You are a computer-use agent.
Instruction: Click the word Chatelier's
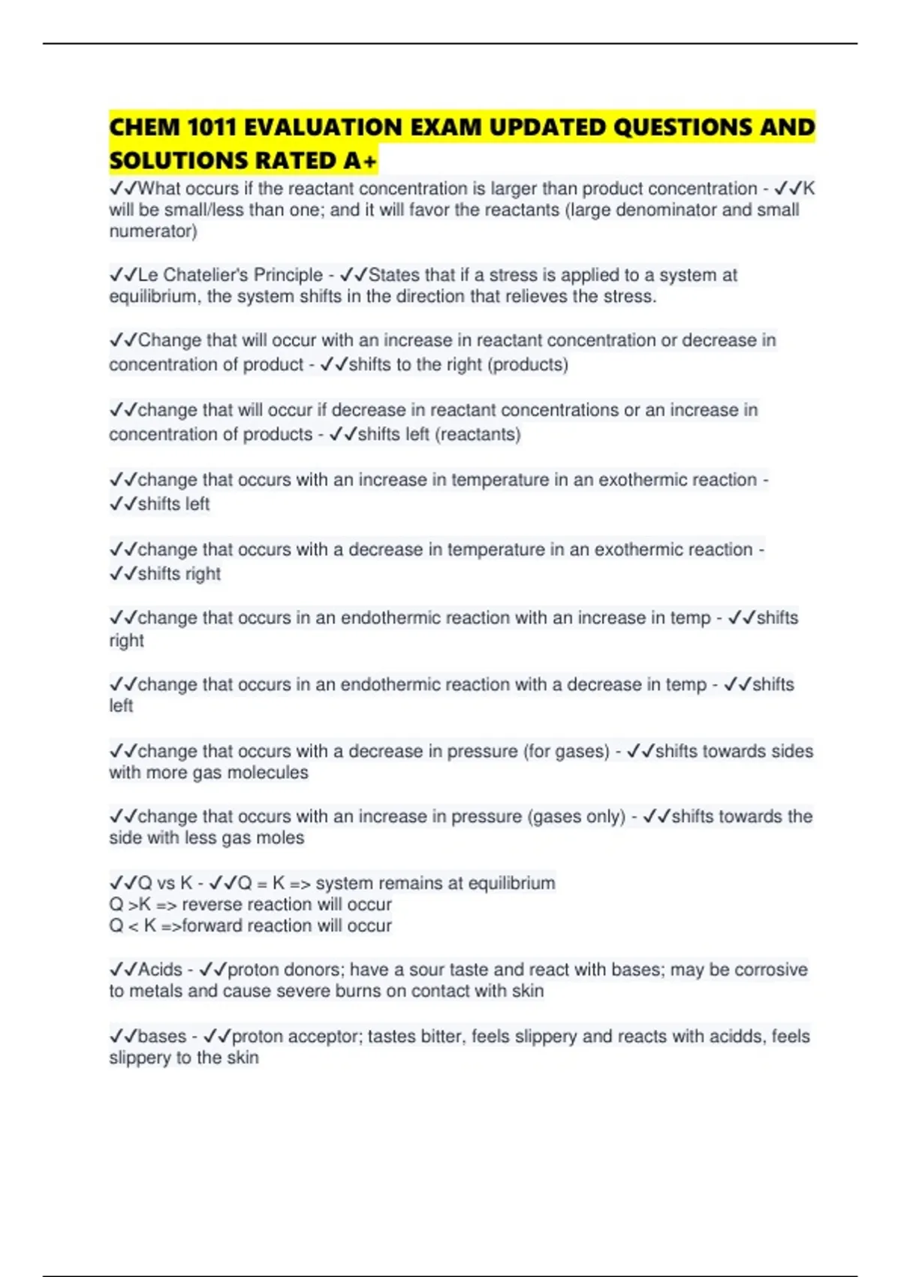tap(205, 275)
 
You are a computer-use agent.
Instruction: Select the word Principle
tap(288, 275)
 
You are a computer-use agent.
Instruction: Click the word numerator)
tap(153, 231)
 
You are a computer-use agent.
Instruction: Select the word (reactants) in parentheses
tap(478, 434)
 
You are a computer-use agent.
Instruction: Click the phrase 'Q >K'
tap(130, 904)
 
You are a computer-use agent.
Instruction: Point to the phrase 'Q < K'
tap(133, 926)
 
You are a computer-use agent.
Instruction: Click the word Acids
tap(160, 970)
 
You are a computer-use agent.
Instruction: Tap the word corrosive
tap(770, 970)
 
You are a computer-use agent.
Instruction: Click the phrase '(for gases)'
tap(566, 751)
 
